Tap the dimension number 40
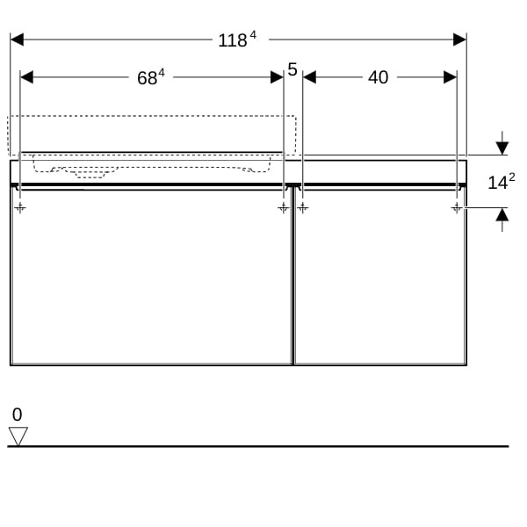(378, 77)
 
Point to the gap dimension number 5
(292, 69)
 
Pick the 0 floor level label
(18, 415)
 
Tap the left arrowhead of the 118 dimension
(17, 40)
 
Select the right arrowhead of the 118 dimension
(459, 40)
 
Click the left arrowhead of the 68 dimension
(26, 77)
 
